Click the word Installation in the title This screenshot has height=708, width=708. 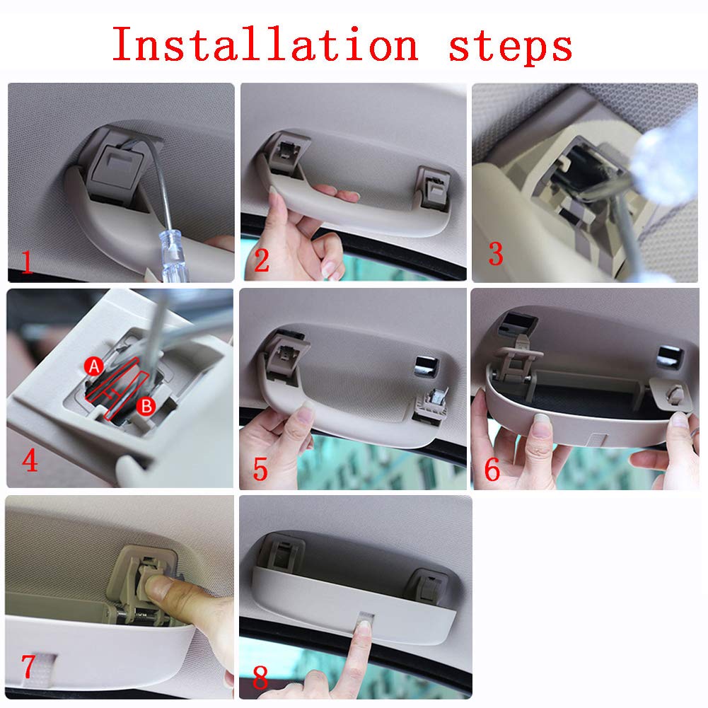tap(265, 44)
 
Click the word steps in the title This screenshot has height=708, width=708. tap(511, 47)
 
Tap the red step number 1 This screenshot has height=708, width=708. tap(27, 263)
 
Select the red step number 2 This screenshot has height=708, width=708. tap(262, 260)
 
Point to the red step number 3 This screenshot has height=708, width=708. tap(496, 254)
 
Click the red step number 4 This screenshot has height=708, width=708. tap(30, 461)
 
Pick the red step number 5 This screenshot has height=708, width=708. tap(260, 469)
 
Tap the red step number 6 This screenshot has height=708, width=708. tap(492, 469)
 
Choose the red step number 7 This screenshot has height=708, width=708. tap(28, 666)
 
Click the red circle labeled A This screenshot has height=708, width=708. tap(93, 366)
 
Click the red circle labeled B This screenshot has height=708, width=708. tap(146, 406)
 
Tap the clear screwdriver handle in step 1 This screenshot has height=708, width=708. tap(170, 255)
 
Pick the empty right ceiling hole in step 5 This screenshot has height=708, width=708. tap(426, 366)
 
